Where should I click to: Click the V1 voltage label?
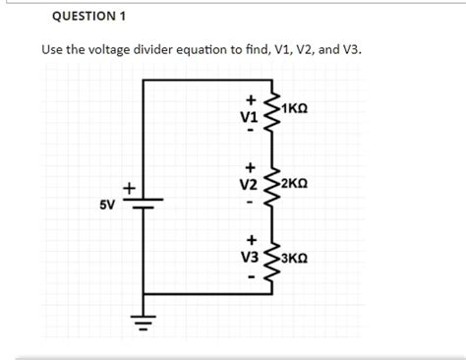point(250,116)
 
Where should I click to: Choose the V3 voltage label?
point(250,256)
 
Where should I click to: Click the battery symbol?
point(144,202)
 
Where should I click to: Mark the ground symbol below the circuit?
point(144,319)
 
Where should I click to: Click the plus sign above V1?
point(251,99)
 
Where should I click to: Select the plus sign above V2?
point(251,167)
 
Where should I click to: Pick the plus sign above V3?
point(251,239)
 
